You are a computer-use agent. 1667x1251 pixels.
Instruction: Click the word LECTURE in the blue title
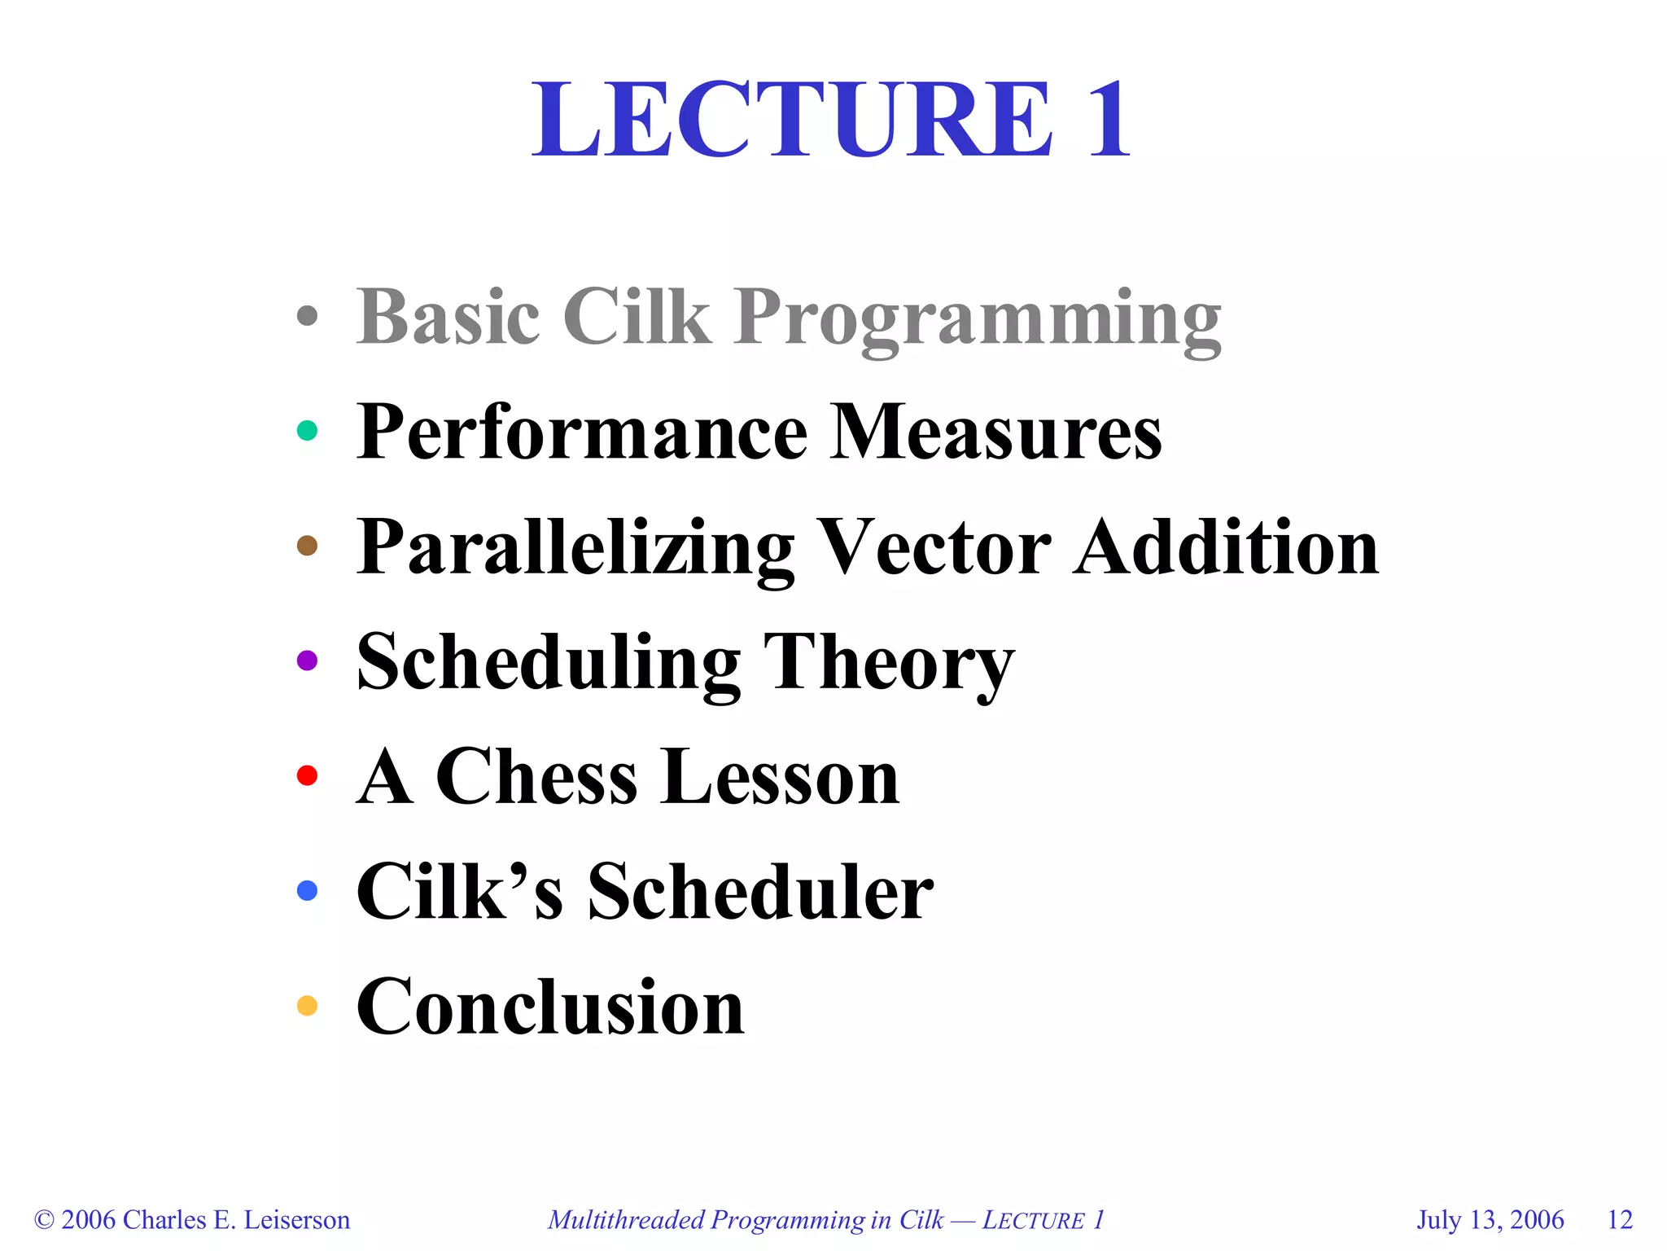click(792, 121)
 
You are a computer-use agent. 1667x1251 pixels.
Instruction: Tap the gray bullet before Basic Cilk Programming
click(307, 316)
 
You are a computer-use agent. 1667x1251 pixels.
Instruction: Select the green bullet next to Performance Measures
click(307, 430)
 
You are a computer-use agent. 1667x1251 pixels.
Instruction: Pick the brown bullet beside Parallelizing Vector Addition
click(307, 546)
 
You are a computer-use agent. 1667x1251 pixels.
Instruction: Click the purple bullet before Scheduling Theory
click(307, 661)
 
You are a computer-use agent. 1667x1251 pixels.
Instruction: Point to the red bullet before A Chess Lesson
click(307, 775)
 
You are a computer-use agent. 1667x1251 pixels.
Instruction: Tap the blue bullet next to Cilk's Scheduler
click(307, 890)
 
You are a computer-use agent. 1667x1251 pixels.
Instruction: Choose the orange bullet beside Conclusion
click(307, 1006)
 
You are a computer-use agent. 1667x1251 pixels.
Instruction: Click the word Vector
click(934, 547)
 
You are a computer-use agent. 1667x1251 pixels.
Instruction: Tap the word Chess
click(536, 777)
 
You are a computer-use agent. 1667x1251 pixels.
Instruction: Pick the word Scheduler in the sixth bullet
click(760, 892)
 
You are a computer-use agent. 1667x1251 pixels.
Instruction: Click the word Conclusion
click(550, 1007)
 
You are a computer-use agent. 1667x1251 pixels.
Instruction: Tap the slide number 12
click(1620, 1220)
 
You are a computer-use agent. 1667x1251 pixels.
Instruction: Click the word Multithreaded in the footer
click(626, 1220)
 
